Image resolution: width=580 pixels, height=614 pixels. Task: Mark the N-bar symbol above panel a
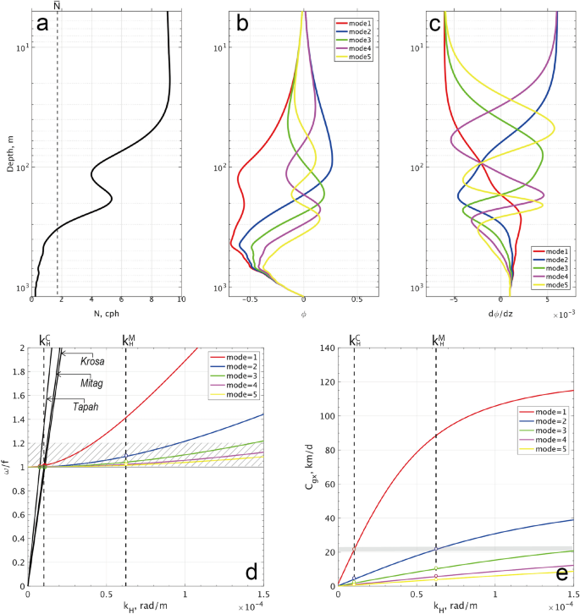click(58, 5)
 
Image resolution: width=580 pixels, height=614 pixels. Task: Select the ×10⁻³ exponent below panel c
click(565, 314)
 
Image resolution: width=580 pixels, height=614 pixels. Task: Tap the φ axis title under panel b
click(303, 312)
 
